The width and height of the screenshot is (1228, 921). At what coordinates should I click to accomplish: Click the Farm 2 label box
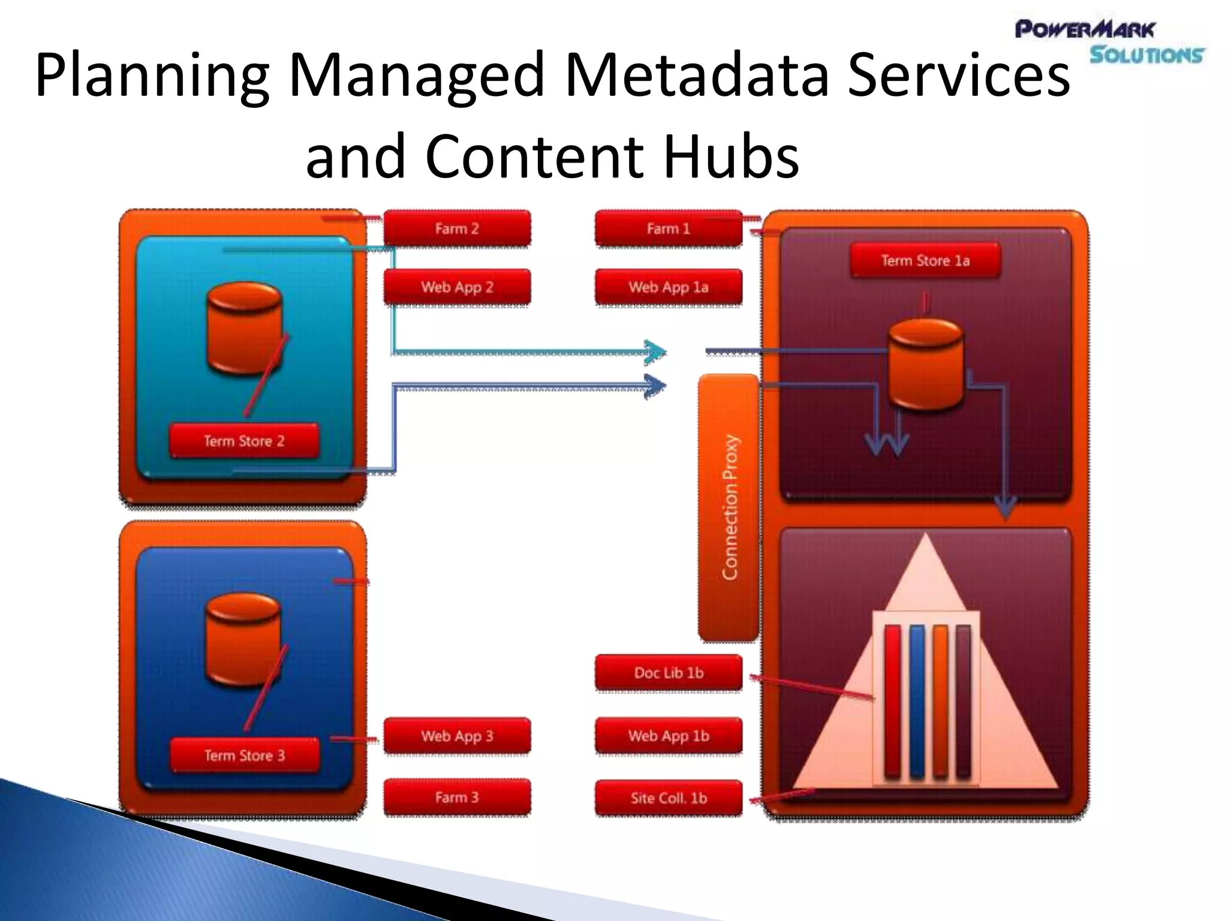[457, 228]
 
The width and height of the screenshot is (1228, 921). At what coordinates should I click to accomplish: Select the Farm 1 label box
[668, 228]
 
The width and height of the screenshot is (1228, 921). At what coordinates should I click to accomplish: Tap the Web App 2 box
[457, 287]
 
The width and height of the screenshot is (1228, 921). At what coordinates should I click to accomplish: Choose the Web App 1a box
[668, 287]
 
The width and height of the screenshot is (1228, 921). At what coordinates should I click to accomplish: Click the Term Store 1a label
[925, 260]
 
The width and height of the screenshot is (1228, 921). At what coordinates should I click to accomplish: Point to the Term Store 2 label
[243, 441]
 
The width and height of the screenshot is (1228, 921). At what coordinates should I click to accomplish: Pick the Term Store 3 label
[244, 756]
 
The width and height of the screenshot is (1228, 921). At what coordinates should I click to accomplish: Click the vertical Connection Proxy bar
[729, 507]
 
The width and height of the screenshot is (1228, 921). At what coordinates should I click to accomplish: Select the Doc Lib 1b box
[668, 673]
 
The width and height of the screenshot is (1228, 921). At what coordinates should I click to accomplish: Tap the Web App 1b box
[668, 736]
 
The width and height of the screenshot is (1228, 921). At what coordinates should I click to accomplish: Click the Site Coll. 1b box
[668, 798]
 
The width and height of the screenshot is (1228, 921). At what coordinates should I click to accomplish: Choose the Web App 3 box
[457, 736]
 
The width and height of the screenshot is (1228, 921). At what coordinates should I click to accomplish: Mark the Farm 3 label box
[457, 797]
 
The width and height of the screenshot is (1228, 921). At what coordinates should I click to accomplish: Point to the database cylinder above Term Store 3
[243, 640]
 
